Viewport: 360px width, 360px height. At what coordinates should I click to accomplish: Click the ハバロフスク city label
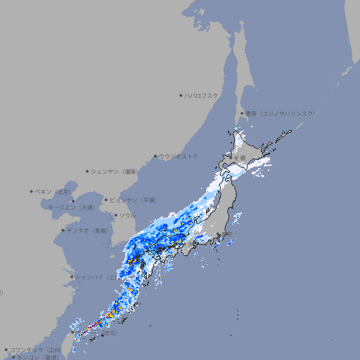pos(202,95)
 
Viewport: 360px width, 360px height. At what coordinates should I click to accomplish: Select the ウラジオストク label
pos(179,156)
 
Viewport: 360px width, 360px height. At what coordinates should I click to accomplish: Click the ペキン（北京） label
pos(53,191)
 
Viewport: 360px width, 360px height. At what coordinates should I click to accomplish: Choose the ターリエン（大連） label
pos(71,207)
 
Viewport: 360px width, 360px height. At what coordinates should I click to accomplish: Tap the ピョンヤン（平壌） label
pos(134,200)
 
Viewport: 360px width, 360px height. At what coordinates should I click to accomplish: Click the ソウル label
pos(127,215)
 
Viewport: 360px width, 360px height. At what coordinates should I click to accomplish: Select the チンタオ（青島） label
pos(88,230)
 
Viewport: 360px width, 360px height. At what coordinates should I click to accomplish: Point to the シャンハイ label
pos(96,276)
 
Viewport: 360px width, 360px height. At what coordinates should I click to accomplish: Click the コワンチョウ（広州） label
pos(36,349)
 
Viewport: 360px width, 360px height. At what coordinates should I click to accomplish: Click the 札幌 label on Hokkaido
pos(240,158)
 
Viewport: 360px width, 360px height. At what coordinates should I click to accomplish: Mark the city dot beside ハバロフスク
pos(181,95)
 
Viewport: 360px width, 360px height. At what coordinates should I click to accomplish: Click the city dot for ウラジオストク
pos(155,156)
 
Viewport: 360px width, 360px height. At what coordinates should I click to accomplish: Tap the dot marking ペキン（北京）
pos(32,191)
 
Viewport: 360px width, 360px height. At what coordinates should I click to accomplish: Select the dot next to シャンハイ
pos(72,276)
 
